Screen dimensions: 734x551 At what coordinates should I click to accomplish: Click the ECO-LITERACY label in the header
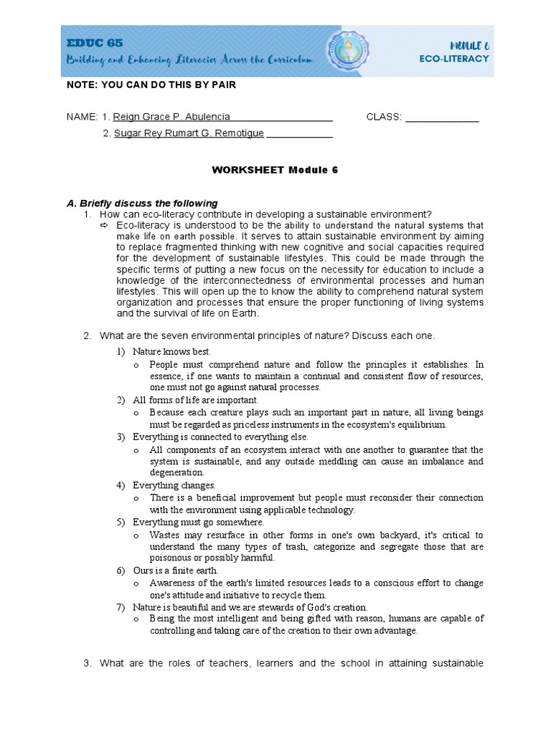click(454, 59)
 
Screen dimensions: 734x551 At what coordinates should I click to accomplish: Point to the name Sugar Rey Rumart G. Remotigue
click(189, 133)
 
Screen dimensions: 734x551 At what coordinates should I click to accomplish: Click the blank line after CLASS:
click(442, 118)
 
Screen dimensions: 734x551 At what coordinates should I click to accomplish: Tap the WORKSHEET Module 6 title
click(275, 171)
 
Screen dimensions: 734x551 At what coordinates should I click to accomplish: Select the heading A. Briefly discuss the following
click(142, 203)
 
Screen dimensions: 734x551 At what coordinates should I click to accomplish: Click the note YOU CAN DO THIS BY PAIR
click(151, 85)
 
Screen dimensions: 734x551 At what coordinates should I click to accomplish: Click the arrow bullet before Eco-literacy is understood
click(103, 225)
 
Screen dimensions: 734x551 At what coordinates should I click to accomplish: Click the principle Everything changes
click(174, 485)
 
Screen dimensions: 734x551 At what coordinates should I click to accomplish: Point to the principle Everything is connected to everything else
click(220, 437)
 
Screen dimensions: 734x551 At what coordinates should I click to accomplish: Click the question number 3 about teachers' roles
click(87, 663)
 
